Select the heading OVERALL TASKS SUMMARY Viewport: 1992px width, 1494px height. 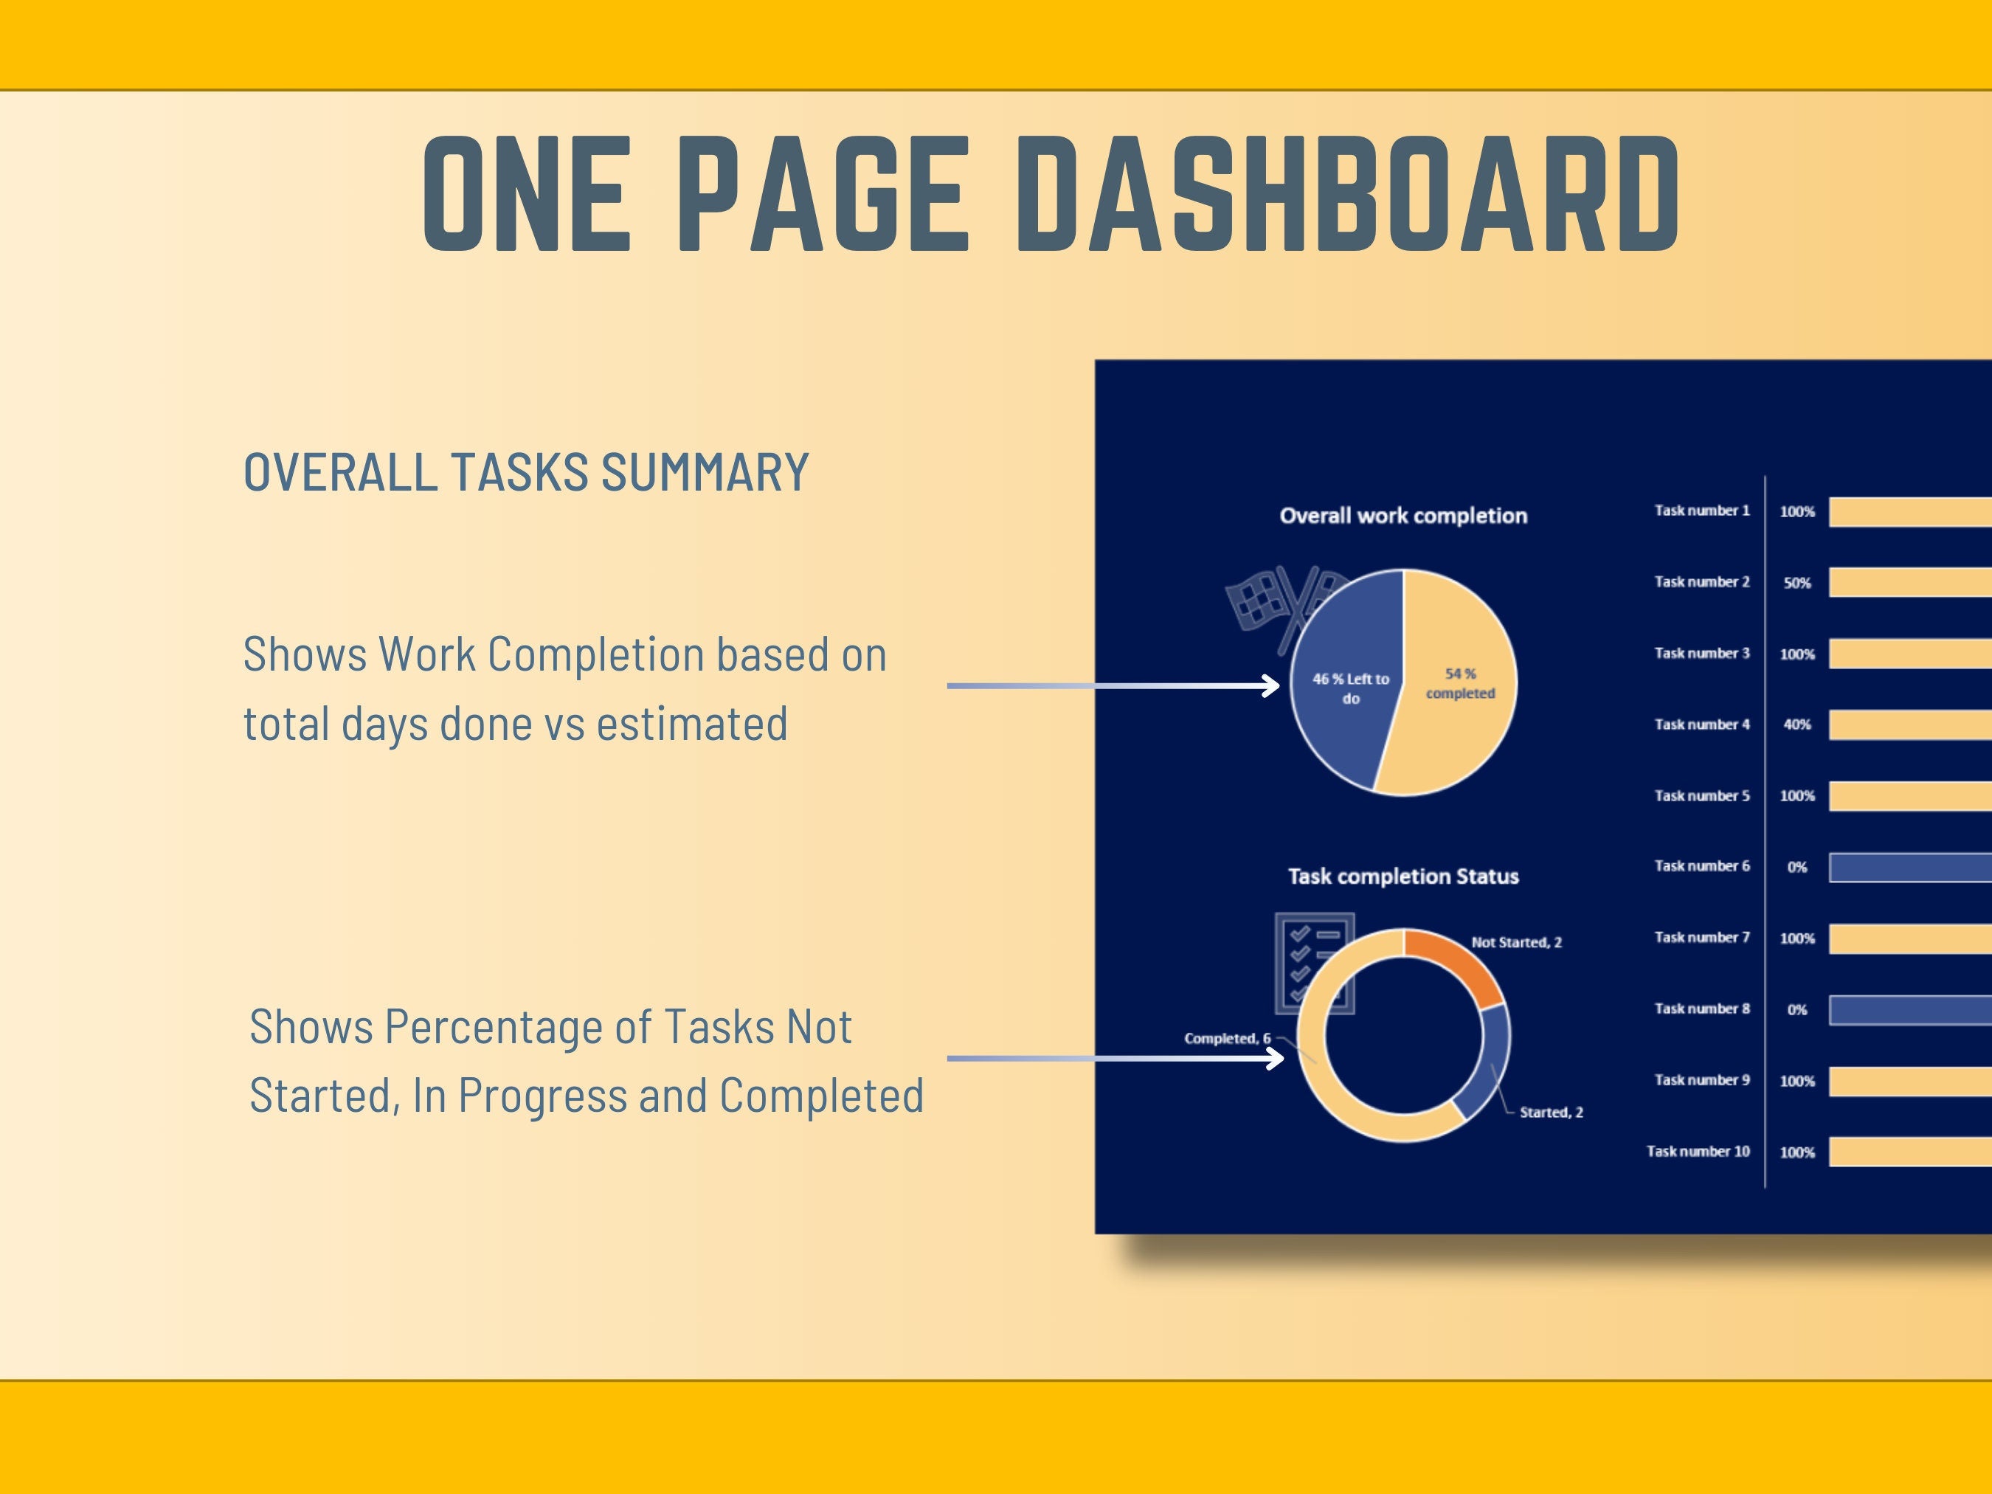(x=526, y=472)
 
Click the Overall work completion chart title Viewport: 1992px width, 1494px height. (x=1403, y=516)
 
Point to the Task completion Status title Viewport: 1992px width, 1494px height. (x=1403, y=876)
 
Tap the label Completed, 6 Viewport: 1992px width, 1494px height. (x=1226, y=1038)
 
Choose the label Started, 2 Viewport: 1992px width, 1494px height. (x=1551, y=1112)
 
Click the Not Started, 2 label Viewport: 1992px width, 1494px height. (x=1517, y=942)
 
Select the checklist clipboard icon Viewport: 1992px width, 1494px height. (x=1314, y=963)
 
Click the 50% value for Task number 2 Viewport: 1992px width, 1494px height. (x=1796, y=583)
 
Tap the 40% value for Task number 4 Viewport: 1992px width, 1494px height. (x=1796, y=724)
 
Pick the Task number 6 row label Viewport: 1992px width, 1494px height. (x=1702, y=865)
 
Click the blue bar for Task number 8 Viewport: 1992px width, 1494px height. (x=1910, y=1009)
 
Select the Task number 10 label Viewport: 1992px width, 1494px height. (x=1698, y=1151)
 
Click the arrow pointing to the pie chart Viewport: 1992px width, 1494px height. (x=1113, y=685)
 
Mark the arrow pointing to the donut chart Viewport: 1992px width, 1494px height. (x=1116, y=1057)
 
